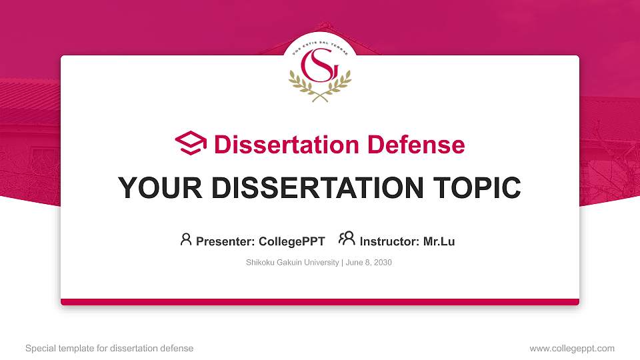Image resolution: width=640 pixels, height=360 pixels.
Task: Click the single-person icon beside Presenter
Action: pyautogui.click(x=186, y=239)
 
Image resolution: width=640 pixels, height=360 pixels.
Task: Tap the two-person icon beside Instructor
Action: pyautogui.click(x=347, y=239)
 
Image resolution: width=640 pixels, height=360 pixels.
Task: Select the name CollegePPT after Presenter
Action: pyautogui.click(x=291, y=241)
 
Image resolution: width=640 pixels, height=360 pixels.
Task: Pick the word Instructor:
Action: pyautogui.click(x=389, y=241)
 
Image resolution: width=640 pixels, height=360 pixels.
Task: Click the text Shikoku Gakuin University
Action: pyautogui.click(x=293, y=263)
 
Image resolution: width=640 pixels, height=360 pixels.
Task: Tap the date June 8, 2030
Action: pyautogui.click(x=369, y=263)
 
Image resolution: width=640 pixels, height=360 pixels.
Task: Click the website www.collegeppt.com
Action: pyautogui.click(x=572, y=348)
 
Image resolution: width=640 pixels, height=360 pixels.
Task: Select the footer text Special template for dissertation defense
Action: pyautogui.click(x=109, y=348)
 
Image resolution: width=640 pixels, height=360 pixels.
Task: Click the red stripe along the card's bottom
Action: pyautogui.click(x=320, y=302)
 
